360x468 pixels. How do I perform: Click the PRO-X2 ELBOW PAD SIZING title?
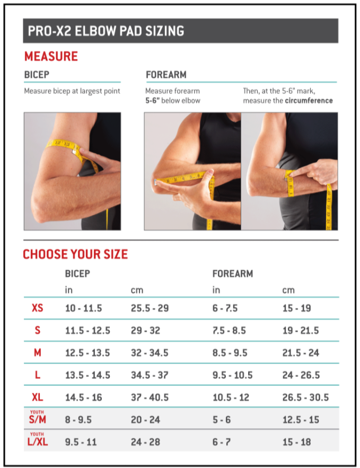104,31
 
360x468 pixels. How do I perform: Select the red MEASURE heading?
51,57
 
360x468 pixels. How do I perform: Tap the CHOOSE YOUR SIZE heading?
75,254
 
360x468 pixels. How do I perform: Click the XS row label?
37,308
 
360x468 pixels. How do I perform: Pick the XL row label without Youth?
37,397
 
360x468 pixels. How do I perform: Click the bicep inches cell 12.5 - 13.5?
87,352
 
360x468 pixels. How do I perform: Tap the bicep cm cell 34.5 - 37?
150,375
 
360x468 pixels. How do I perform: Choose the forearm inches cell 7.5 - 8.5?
229,330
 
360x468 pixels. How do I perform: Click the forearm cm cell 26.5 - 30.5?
305,397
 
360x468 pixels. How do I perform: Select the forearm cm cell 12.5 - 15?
300,419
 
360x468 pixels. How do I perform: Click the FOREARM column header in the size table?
232,274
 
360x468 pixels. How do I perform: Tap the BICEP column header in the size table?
77,274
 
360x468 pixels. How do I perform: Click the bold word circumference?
309,100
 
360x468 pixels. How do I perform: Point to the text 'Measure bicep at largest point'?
72,91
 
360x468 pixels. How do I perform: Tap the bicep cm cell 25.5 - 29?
150,308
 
